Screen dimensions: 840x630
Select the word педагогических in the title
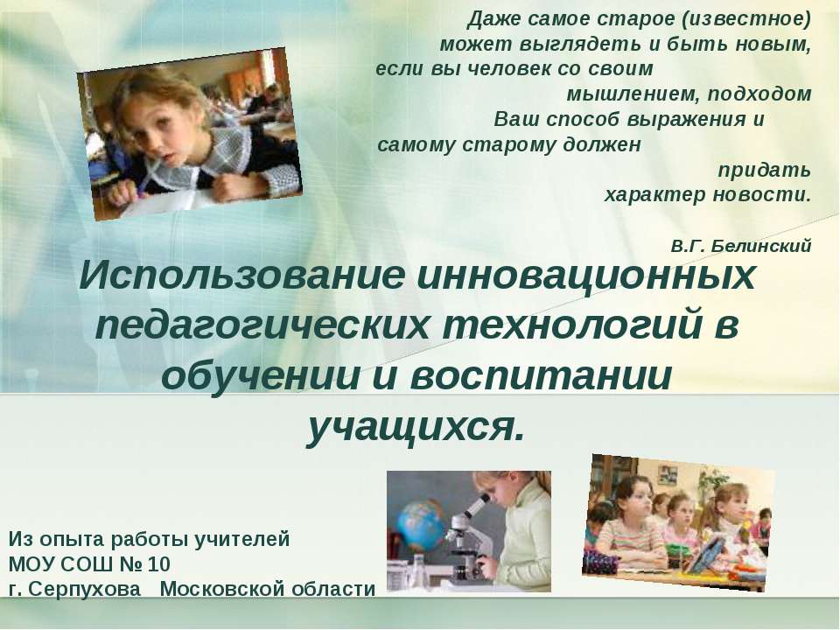coord(262,326)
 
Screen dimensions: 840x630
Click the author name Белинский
coord(762,246)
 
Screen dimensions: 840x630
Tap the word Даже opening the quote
coord(493,20)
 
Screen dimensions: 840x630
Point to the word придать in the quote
coord(764,171)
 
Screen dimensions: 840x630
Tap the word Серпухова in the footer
coord(84,589)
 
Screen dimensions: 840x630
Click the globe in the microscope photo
coord(421,526)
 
